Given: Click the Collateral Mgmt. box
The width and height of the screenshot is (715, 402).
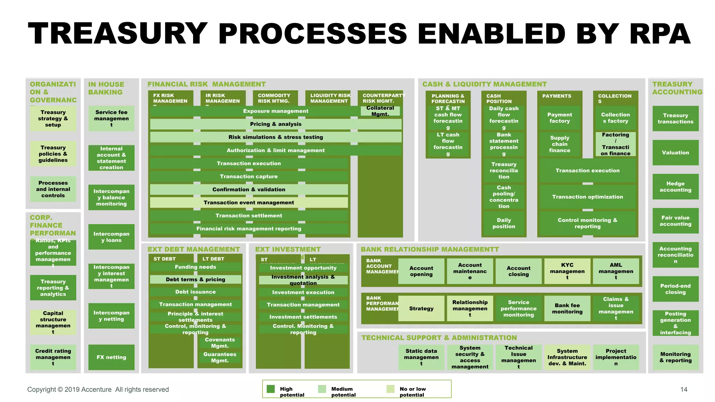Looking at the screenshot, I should (x=380, y=111).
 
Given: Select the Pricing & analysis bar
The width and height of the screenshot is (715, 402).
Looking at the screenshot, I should (x=275, y=124).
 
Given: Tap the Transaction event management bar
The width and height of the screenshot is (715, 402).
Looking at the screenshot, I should (x=249, y=202).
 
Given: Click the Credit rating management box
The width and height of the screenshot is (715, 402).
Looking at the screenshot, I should (x=53, y=357).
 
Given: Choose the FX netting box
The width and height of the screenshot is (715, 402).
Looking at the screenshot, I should (x=111, y=357).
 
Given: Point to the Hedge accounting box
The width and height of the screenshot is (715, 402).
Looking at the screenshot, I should (x=675, y=187).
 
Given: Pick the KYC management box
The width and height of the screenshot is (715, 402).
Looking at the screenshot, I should (x=567, y=271).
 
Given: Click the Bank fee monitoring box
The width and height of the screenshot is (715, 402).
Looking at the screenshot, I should (x=567, y=308).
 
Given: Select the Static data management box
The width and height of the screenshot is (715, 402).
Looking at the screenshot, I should (x=421, y=357).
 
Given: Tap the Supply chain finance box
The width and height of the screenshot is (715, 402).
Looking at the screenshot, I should (x=559, y=144).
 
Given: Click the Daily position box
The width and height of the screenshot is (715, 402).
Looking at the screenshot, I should (x=503, y=223).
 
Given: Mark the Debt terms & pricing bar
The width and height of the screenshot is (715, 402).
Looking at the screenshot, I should (x=196, y=280).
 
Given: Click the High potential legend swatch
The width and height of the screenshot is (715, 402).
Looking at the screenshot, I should (x=271, y=389).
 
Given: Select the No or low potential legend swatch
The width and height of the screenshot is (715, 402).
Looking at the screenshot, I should (x=391, y=389).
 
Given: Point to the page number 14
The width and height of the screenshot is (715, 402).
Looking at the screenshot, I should (x=684, y=389).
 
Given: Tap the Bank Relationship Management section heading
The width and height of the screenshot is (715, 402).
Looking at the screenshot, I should (x=430, y=250).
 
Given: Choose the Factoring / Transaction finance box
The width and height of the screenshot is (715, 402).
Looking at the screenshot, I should (x=615, y=144).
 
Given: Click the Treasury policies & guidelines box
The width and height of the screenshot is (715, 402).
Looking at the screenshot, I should (x=53, y=154).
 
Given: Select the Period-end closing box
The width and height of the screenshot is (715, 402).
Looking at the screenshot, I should (x=675, y=289).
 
